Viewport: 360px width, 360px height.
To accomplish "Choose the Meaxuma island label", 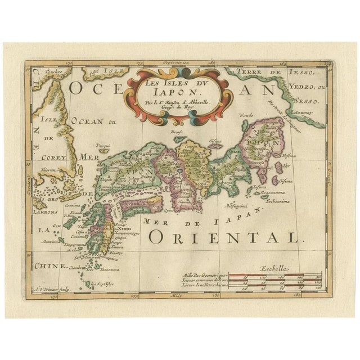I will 52,241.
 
